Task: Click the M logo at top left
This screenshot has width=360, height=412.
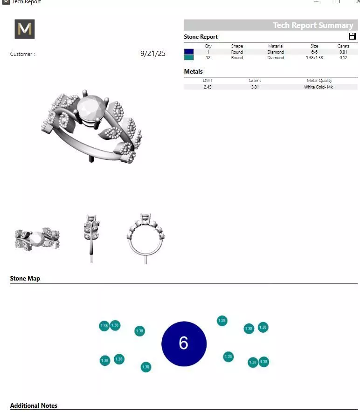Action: [x=25, y=29]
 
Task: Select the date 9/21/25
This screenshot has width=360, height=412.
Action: [x=152, y=54]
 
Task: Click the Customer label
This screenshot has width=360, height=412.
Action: [x=22, y=54]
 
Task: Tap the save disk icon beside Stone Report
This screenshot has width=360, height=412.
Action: [x=352, y=36]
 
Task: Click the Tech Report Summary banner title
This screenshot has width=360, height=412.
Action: [x=313, y=25]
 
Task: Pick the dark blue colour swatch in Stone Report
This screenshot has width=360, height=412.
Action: [x=189, y=52]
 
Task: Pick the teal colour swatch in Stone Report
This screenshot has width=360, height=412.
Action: [x=189, y=57]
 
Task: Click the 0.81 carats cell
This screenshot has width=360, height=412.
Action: [x=343, y=52]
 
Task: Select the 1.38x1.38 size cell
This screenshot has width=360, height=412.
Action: [x=314, y=58]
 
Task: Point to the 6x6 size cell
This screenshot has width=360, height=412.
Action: [x=314, y=52]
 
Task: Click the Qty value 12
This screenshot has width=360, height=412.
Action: [x=208, y=58]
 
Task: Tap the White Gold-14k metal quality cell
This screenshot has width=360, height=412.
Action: [x=319, y=87]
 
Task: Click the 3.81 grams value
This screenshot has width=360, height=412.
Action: [x=255, y=87]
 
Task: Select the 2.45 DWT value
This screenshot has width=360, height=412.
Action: [x=208, y=87]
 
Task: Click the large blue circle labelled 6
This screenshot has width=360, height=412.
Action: [x=184, y=343]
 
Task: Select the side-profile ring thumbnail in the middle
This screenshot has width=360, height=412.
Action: [x=91, y=238]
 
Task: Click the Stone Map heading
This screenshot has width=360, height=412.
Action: [x=25, y=278]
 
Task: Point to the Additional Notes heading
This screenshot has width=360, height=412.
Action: [x=34, y=405]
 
